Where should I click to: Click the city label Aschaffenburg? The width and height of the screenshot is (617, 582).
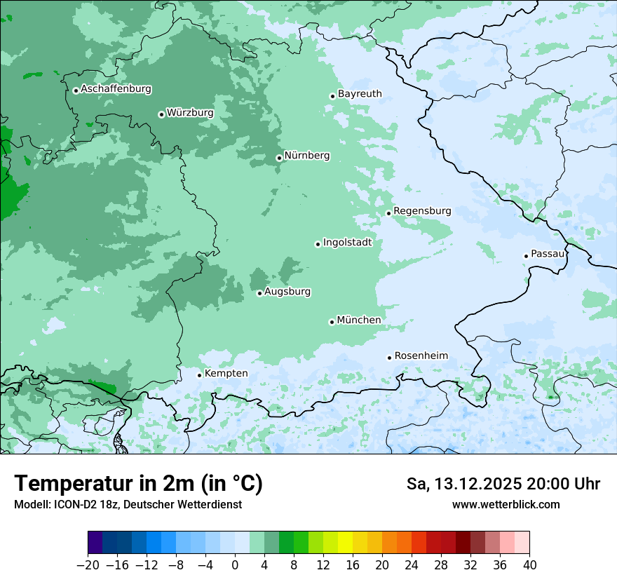[x=116, y=89]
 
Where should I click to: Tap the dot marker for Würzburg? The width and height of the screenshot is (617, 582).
[x=161, y=114]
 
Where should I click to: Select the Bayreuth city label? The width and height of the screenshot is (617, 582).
[x=360, y=94]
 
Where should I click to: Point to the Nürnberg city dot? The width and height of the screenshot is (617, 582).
[x=279, y=158]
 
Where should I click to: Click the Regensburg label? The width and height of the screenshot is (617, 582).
[x=422, y=211]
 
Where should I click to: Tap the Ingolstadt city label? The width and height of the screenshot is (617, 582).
[x=347, y=243]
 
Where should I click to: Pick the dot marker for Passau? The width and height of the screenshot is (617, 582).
[x=526, y=256]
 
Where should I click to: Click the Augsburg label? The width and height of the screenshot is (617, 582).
[x=287, y=292]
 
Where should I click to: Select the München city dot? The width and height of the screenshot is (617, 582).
[x=332, y=322]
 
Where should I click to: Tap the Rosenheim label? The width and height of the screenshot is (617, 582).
[x=421, y=356]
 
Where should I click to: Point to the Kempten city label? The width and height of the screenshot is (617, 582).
[x=226, y=374]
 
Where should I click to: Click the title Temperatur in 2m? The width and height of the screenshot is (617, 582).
[x=138, y=484]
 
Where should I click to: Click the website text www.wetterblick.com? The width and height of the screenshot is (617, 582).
[x=506, y=505]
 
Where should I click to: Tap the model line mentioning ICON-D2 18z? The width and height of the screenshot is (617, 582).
[x=128, y=505]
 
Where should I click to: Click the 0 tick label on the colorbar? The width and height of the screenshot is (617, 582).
[x=235, y=565]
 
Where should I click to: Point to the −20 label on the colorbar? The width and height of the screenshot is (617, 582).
[x=88, y=565]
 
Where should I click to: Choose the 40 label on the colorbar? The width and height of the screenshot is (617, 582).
[x=529, y=565]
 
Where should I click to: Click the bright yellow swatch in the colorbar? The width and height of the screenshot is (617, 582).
[x=345, y=543]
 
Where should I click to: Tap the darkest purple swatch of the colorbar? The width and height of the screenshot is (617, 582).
[x=95, y=543]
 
